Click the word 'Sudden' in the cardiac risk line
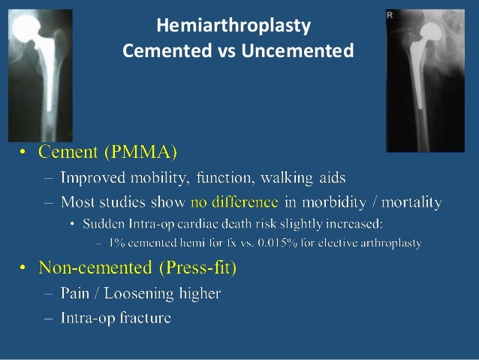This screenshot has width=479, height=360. click(x=105, y=224)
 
